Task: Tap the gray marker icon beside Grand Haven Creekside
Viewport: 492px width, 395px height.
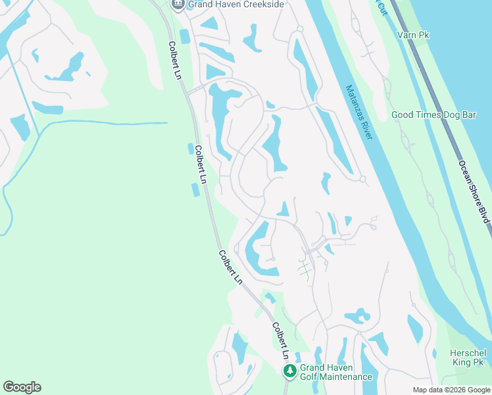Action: (x=177, y=4)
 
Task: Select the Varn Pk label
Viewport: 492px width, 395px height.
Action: (x=413, y=34)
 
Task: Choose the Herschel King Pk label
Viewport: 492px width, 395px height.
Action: (x=467, y=357)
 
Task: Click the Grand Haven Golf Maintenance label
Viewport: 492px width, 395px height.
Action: (x=335, y=372)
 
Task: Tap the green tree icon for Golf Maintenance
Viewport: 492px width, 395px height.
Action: (x=289, y=371)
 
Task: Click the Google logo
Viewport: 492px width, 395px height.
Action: (x=22, y=387)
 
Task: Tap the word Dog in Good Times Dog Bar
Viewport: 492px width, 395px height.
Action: (x=451, y=115)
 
